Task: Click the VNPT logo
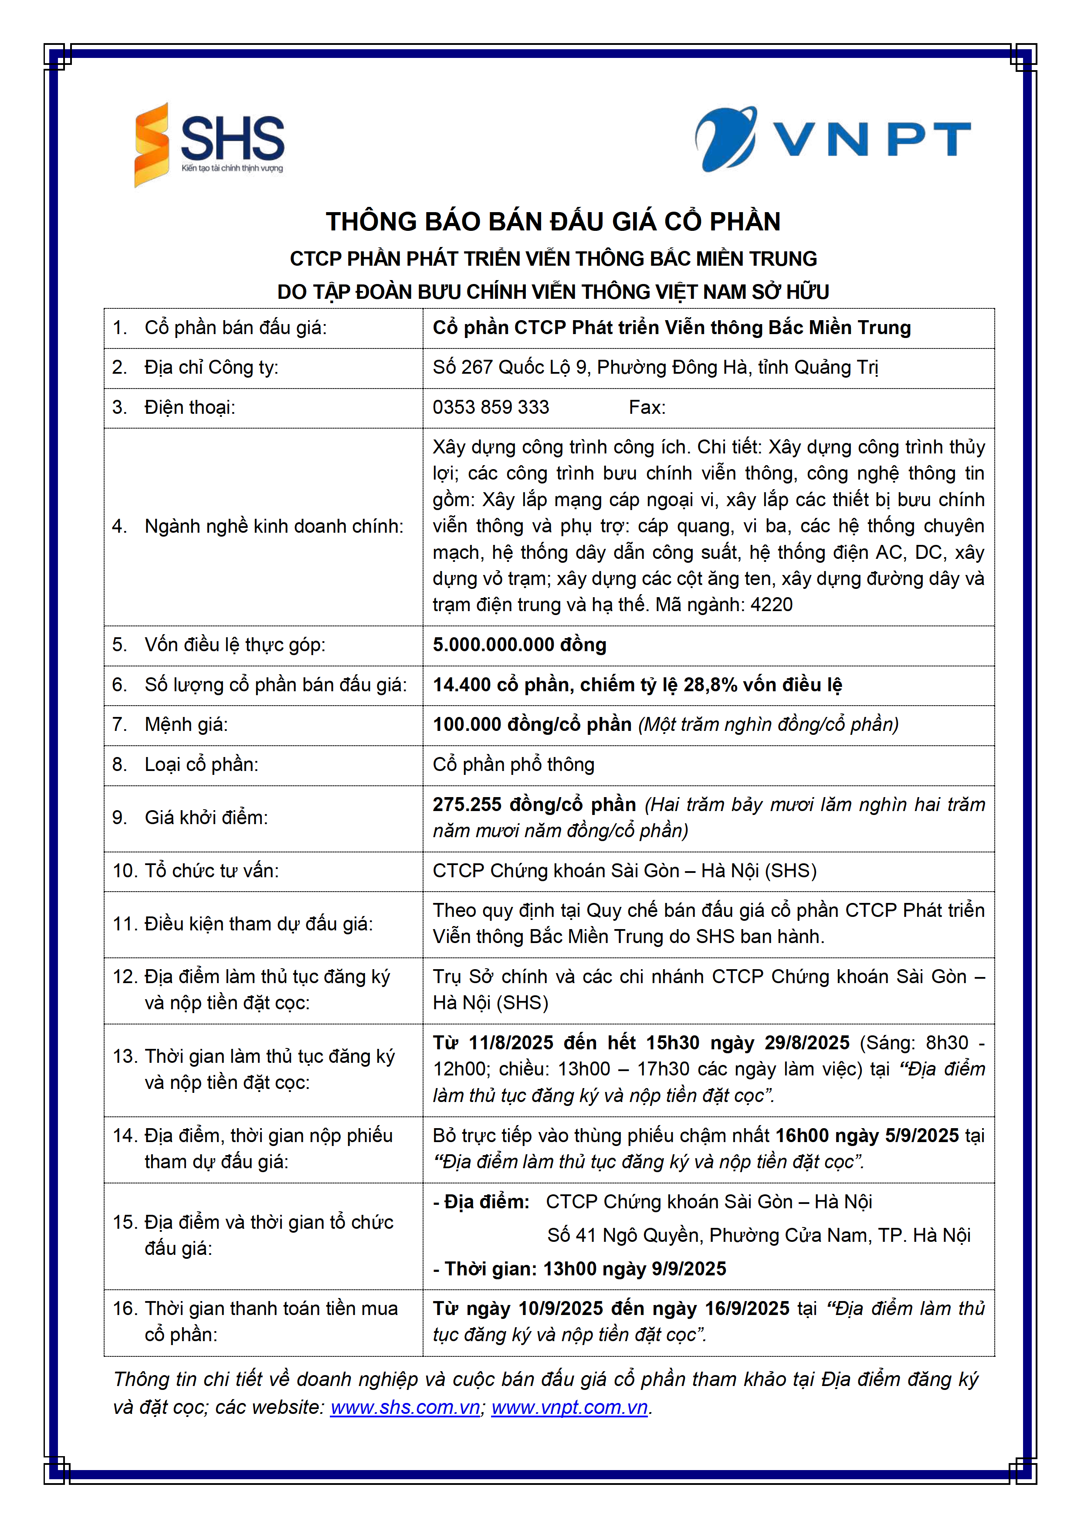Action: point(832,140)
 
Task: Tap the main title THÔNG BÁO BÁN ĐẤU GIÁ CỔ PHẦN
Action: point(552,222)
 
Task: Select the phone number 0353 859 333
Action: point(491,407)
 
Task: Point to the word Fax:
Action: point(647,407)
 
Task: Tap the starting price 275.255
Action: point(467,804)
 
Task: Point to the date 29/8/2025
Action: point(807,1042)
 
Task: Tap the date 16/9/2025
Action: point(747,1308)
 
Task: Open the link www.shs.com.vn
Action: point(405,1407)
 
